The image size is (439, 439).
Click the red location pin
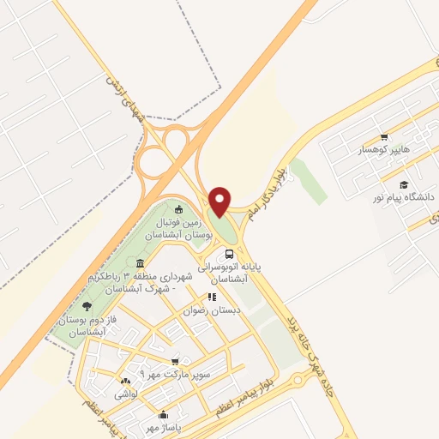click(x=220, y=201)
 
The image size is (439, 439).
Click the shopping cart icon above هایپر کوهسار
click(x=384, y=136)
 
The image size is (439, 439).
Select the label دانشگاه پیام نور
click(x=404, y=197)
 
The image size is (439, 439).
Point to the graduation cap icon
click(x=403, y=183)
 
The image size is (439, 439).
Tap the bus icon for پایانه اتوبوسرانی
click(x=228, y=254)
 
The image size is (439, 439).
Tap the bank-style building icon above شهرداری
click(x=139, y=263)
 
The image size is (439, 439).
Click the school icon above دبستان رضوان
click(x=209, y=298)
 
